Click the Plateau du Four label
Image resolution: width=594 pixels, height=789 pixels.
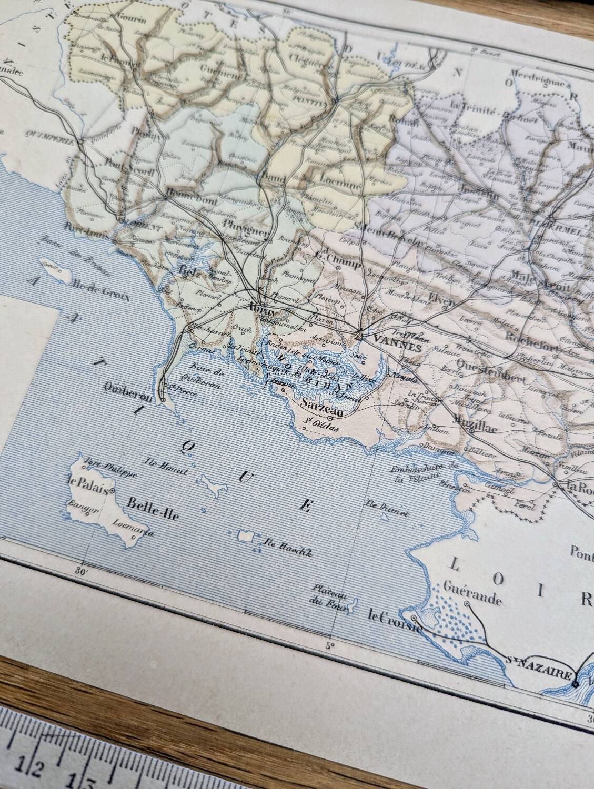point(329,594)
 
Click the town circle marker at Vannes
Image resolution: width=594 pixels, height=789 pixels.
point(358,335)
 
